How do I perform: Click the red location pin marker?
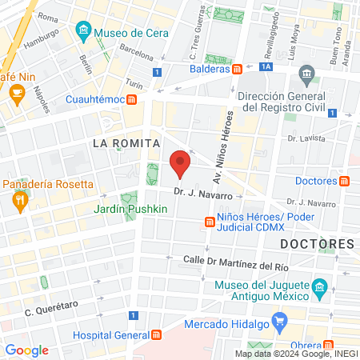click(181, 162)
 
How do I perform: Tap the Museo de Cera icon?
click(83, 33)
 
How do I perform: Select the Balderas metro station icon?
click(238, 69)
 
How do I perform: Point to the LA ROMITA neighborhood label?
click(122, 142)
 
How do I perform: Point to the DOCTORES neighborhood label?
click(317, 243)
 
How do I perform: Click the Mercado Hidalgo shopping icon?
click(279, 324)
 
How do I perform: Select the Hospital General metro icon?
click(158, 335)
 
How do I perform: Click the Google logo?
click(26, 350)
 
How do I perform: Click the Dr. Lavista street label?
click(308, 137)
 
